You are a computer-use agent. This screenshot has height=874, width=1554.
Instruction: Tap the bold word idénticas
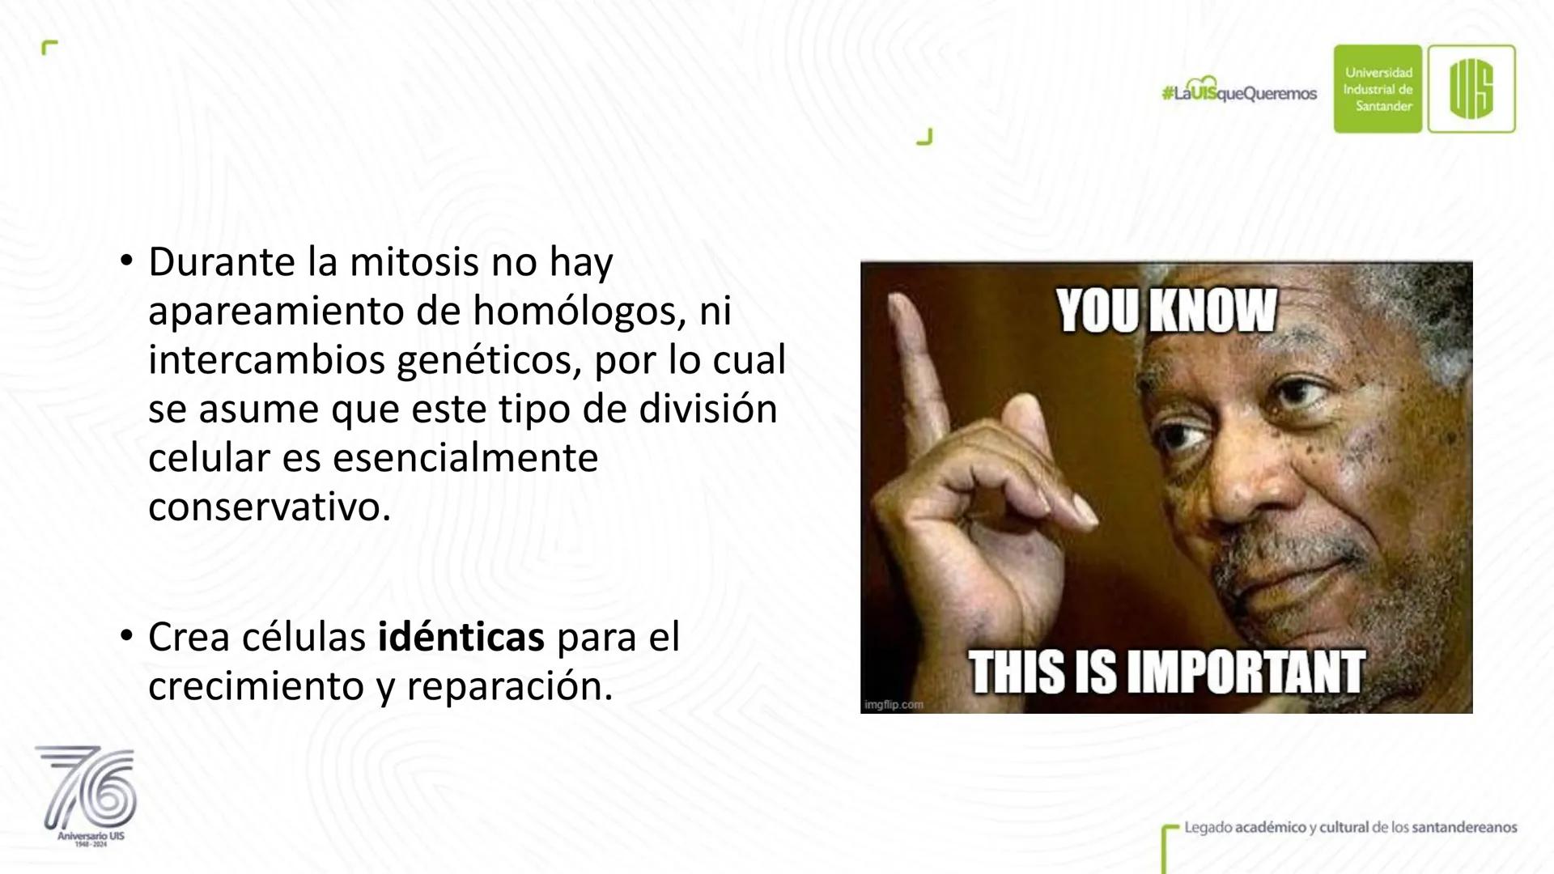pos(461,638)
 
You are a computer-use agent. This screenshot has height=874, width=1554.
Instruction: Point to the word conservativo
pos(270,507)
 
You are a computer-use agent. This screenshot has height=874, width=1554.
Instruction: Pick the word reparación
pos(510,688)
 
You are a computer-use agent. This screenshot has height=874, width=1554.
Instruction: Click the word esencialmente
pos(465,458)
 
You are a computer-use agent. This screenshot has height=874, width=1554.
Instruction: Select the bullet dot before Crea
pos(125,638)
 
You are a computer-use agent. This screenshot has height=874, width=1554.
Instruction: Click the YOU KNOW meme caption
pos(1166,311)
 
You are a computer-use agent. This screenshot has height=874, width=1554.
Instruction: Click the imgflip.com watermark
pos(894,704)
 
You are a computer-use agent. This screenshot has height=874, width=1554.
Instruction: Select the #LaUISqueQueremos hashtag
pos(1239,94)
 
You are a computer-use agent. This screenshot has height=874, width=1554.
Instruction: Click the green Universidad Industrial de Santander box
pos(1378,89)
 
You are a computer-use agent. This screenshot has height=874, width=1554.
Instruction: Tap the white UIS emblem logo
pos(1471,89)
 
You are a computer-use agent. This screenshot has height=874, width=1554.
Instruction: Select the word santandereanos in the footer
pos(1463,827)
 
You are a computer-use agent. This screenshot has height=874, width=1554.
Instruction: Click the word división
pos(708,409)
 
